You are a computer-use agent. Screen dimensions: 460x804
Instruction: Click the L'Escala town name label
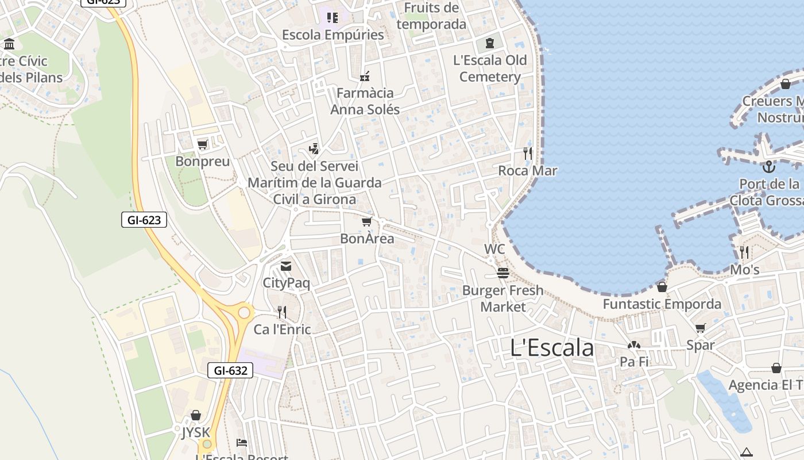tap(552, 348)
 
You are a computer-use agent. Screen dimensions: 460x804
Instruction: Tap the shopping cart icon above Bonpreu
tap(202, 144)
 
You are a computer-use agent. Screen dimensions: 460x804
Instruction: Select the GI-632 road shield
tap(230, 371)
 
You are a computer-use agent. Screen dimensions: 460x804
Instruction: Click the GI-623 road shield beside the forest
tap(144, 220)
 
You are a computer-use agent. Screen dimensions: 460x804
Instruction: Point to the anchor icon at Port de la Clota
tap(769, 167)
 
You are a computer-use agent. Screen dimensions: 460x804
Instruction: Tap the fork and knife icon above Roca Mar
tap(528, 154)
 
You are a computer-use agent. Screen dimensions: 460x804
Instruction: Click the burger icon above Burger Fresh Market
tap(503, 273)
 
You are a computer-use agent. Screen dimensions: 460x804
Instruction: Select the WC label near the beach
tap(494, 249)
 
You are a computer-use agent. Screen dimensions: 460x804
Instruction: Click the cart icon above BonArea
tap(366, 221)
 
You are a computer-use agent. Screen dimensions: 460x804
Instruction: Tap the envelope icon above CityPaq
tap(286, 266)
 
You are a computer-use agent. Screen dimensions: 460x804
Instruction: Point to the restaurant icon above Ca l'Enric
tap(282, 312)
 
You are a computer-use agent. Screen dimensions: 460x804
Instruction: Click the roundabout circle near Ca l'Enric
tap(245, 313)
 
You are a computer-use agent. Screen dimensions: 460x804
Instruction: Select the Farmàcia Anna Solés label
tap(365, 101)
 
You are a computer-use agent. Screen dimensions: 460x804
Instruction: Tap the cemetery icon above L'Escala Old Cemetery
tap(489, 43)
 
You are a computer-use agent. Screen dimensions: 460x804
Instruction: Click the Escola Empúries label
tap(333, 35)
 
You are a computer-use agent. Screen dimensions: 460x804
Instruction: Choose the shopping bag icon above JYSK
tap(196, 415)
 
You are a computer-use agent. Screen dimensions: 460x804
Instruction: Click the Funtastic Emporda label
tap(662, 304)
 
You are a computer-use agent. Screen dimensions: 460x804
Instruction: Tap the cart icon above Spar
tap(700, 328)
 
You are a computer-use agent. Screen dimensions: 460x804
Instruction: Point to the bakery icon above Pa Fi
tap(634, 346)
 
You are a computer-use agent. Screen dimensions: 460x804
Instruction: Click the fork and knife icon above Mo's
tap(744, 252)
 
